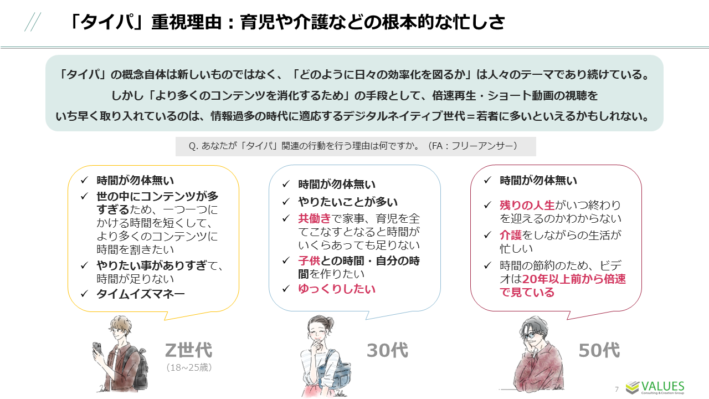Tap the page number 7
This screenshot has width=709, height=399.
tap(617, 388)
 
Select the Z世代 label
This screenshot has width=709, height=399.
tap(188, 350)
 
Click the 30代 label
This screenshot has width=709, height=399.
tap(387, 350)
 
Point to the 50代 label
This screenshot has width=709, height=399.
tap(599, 350)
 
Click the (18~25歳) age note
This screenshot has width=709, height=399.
tap(189, 367)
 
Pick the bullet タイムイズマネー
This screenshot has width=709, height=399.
tap(141, 294)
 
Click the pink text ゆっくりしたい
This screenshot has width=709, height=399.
tap(337, 289)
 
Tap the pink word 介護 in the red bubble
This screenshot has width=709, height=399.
tap(511, 235)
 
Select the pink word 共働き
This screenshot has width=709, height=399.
tap(315, 218)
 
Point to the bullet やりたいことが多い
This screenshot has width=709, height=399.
tap(348, 202)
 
